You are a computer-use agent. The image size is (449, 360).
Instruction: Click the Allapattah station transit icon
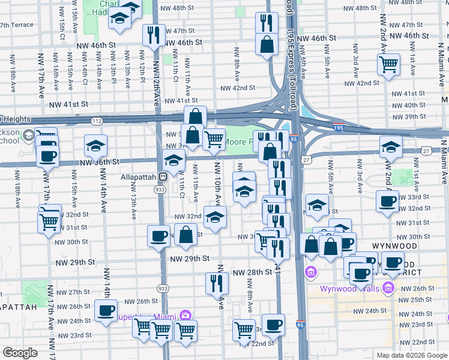pyautogui.click(x=162, y=178)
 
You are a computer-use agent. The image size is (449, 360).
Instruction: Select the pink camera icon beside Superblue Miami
pyautogui.click(x=185, y=316)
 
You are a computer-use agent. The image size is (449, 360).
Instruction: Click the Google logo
pyautogui.click(x=20, y=353)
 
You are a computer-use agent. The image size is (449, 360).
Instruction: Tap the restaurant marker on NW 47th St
pyautogui.click(x=153, y=35)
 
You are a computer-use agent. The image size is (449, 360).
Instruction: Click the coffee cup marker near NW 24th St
pyautogui.click(x=106, y=311)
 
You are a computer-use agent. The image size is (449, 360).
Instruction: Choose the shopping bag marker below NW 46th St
pyautogui.click(x=266, y=44)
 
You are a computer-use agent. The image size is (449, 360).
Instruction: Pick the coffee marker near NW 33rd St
pyautogui.click(x=387, y=201)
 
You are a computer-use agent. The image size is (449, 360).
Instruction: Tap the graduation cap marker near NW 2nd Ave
pyautogui.click(x=391, y=146)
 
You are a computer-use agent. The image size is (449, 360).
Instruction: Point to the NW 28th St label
pyautogui.click(x=252, y=272)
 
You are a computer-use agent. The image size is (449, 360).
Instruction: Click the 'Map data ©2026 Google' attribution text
pyautogui.click(x=411, y=355)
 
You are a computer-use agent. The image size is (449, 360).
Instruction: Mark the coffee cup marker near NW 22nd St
pyautogui.click(x=273, y=324)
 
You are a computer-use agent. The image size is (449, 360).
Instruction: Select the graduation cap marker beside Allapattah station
pyautogui.click(x=174, y=160)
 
